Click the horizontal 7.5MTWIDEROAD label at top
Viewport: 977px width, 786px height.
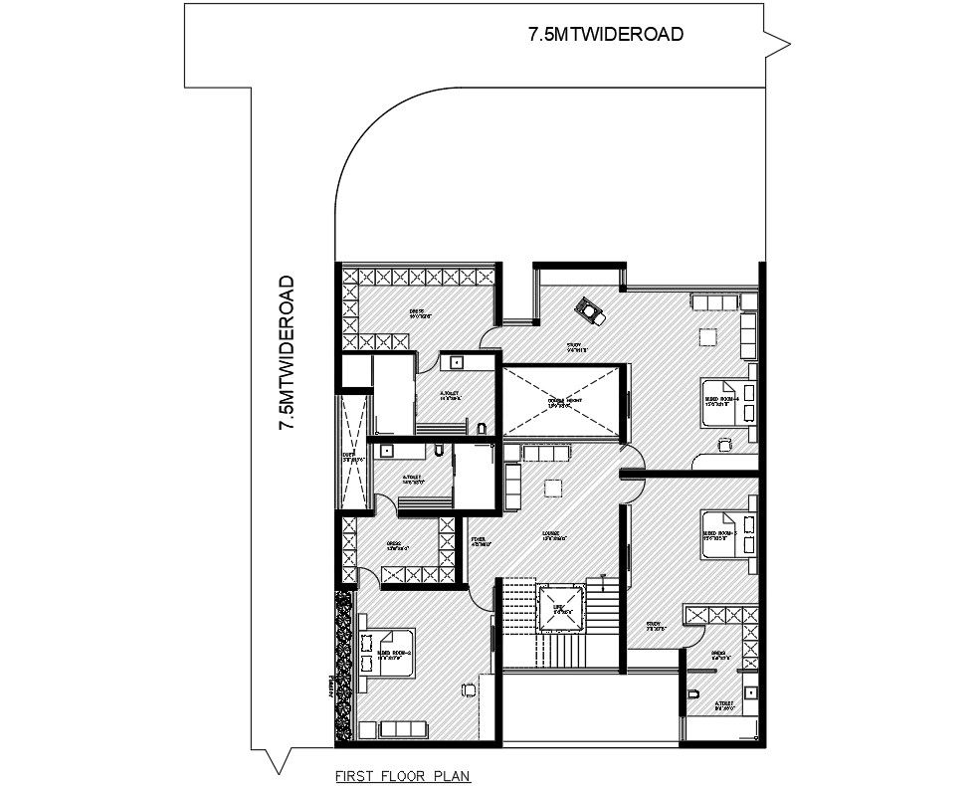605,34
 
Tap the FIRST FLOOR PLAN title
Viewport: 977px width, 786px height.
402,773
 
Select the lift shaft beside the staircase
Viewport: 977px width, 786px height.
558,608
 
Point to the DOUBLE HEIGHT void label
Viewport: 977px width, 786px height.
564,402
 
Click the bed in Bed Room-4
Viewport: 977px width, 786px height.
722,402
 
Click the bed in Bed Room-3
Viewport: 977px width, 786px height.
727,534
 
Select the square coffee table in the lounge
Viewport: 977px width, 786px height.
553,487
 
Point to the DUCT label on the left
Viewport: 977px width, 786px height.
349,459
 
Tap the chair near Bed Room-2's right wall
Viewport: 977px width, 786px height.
469,688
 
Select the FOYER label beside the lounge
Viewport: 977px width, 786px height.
479,540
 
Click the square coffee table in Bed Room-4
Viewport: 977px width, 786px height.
707,337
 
